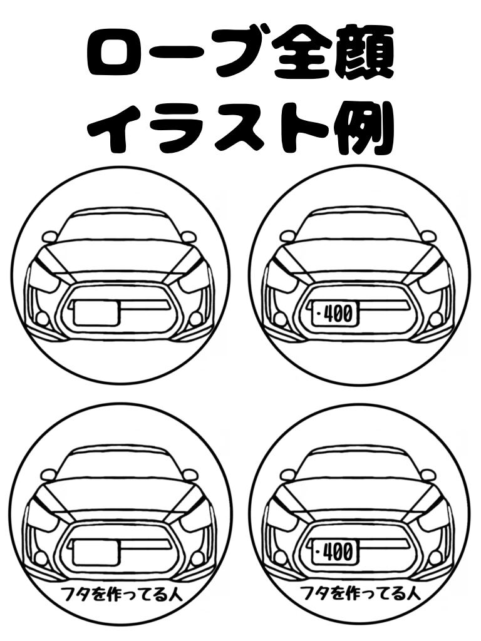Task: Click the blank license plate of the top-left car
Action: (96, 312)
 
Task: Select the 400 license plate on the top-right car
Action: (333, 312)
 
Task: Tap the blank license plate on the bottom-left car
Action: (96, 551)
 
